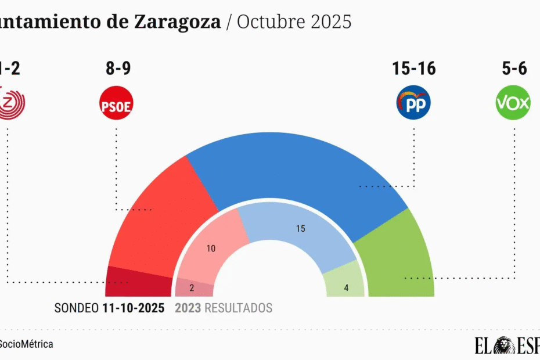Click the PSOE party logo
point(117,103)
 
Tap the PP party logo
point(413,103)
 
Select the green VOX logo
point(513,103)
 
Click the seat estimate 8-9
point(118,69)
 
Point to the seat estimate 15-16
point(413,69)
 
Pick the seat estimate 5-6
point(514,69)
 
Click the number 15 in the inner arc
point(300,229)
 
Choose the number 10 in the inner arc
point(211,249)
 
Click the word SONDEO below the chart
point(75,308)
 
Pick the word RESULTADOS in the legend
point(238,308)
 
